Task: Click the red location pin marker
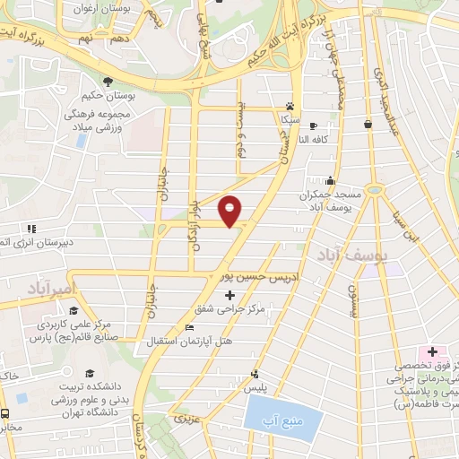pyautogui.click(x=230, y=212)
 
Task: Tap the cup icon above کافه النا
pyautogui.click(x=368, y=125)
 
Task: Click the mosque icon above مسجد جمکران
pyautogui.click(x=331, y=180)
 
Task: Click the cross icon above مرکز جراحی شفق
pyautogui.click(x=229, y=295)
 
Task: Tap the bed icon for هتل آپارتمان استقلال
pyautogui.click(x=188, y=327)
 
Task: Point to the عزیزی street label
pyautogui.click(x=184, y=419)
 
